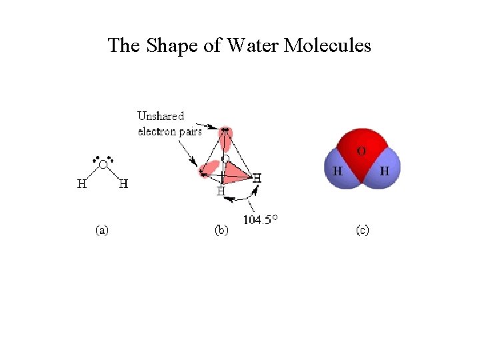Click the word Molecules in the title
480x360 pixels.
point(327,45)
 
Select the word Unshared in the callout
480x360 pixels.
point(161,116)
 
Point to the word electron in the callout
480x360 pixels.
point(157,131)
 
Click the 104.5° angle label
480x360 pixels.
point(261,220)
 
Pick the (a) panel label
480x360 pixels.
point(102,231)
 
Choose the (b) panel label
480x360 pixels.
point(221,231)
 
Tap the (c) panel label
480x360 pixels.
point(363,231)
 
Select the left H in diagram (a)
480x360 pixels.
point(82,183)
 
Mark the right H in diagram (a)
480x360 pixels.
point(123,183)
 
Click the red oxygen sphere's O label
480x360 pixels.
point(361,152)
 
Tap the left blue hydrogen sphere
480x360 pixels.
point(338,171)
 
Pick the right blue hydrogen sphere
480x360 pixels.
point(385,171)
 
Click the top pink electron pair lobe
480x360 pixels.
point(227,138)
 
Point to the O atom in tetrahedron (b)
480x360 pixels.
point(226,159)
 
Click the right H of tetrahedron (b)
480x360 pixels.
point(257,178)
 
